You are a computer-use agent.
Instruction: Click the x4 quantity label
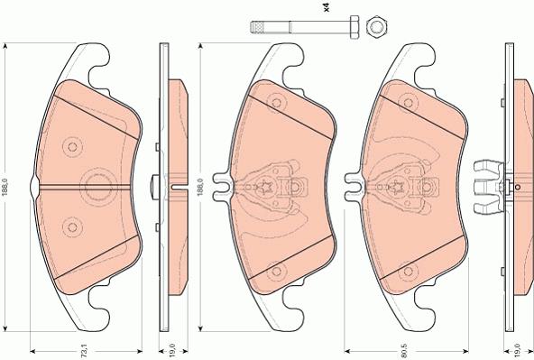click(x=327, y=8)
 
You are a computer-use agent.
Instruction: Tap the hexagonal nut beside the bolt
click(x=376, y=26)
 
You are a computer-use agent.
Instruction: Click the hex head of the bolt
click(x=354, y=26)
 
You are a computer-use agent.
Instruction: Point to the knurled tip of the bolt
click(x=258, y=27)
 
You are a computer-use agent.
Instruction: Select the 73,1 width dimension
click(x=85, y=351)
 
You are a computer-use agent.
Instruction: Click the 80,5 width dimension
click(x=405, y=350)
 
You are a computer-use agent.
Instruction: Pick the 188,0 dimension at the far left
click(x=5, y=187)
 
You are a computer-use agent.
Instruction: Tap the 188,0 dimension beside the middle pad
click(x=200, y=187)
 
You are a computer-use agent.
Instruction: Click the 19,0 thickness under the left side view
click(x=172, y=350)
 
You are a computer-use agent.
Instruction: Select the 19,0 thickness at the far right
click(x=518, y=350)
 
